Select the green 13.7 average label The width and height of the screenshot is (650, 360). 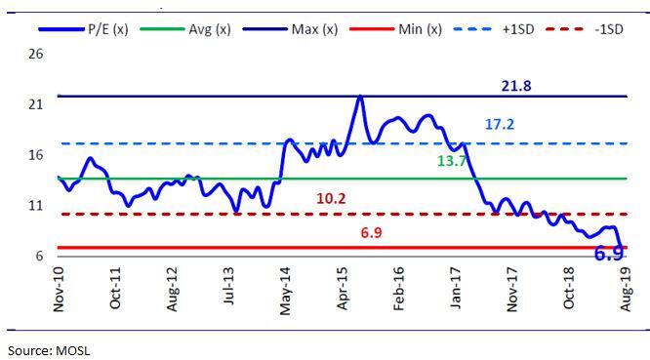(x=450, y=160)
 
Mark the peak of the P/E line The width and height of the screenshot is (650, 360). (x=360, y=97)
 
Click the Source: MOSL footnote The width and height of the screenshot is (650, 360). (x=49, y=348)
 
